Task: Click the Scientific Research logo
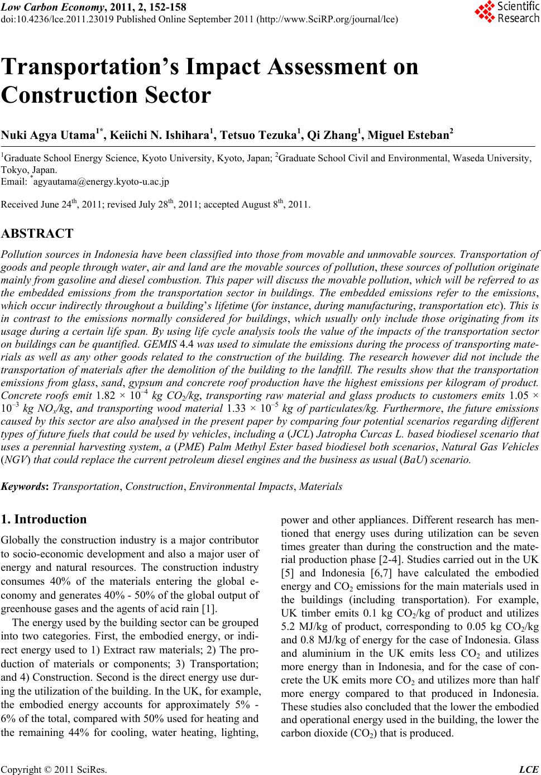[x=506, y=12]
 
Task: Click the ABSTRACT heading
[x=37, y=233]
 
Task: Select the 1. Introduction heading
[x=45, y=519]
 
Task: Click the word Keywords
[x=25, y=487]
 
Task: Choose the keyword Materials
[x=321, y=487]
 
